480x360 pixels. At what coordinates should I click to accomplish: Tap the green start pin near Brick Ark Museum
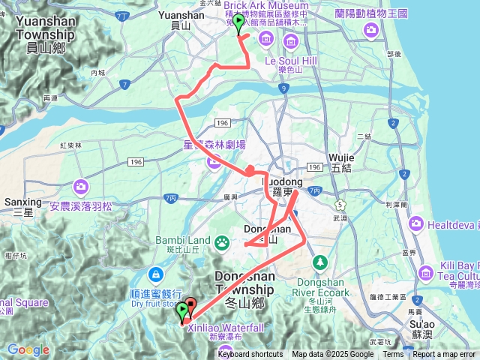coord(238,23)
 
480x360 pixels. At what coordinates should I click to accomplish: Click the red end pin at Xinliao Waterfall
coord(190,307)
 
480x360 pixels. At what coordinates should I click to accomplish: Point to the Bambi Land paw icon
coord(222,241)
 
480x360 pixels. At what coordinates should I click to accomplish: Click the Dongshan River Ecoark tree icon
coord(320,262)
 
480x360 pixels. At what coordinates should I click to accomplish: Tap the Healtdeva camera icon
coord(416,223)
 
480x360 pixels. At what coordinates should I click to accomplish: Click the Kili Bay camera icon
coord(425,271)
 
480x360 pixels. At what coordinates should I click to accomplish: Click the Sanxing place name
coord(22,202)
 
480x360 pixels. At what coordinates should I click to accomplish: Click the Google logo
coord(28,349)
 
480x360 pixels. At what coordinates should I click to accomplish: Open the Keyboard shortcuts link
coord(250,355)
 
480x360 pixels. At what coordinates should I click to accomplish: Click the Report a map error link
coord(444,355)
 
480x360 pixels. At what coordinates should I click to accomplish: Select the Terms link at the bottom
coord(393,355)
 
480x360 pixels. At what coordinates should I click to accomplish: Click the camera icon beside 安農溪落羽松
coord(79,184)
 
